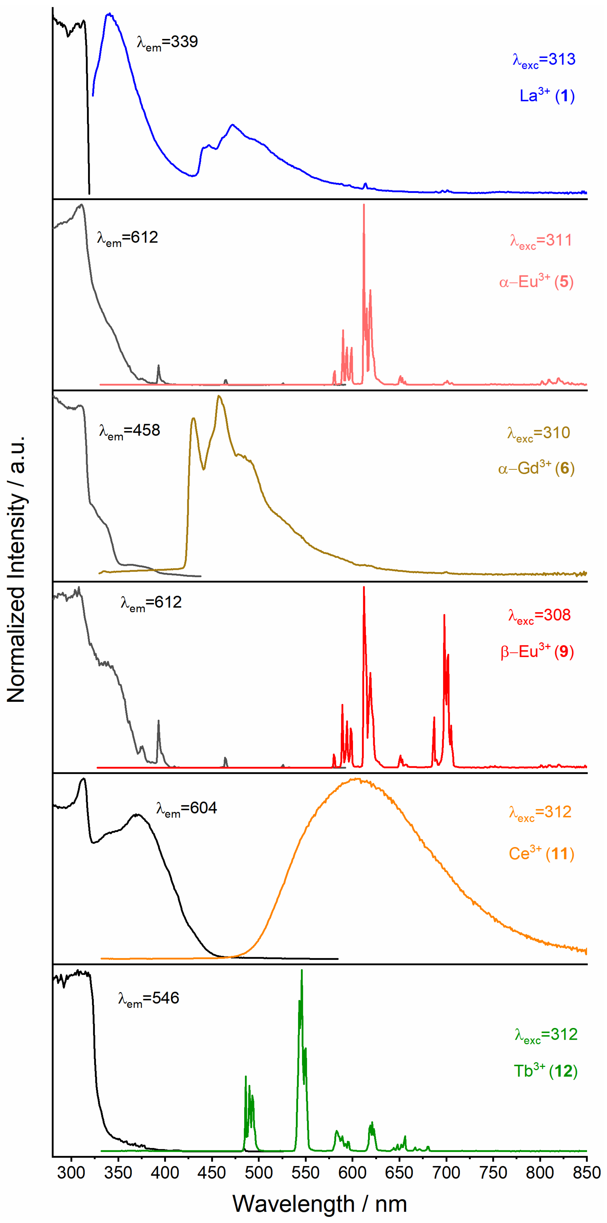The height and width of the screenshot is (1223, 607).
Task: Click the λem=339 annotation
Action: tap(167, 42)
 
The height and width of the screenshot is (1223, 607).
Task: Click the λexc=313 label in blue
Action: tap(544, 60)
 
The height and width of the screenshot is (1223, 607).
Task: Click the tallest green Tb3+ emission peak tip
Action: tap(302, 971)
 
